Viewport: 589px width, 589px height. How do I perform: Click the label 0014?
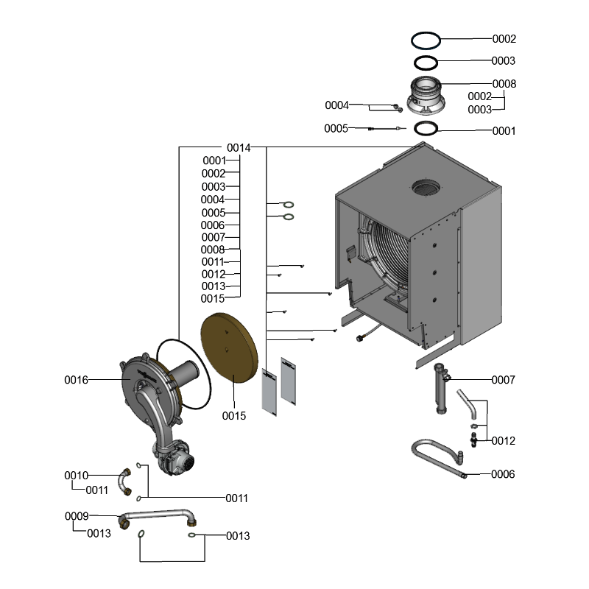coord(239,147)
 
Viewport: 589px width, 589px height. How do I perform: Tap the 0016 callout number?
coord(76,380)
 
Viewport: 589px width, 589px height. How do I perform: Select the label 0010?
coord(76,476)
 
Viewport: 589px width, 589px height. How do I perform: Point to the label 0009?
coord(76,516)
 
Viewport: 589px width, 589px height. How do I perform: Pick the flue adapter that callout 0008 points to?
coord(426,96)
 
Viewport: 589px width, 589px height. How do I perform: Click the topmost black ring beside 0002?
coord(426,38)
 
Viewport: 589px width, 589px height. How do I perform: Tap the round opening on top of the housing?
coord(426,188)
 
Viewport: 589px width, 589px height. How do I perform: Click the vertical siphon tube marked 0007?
coord(442,390)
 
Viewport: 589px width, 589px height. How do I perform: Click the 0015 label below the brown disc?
coord(234,416)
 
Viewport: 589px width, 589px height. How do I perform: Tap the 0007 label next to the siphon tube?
coord(504,380)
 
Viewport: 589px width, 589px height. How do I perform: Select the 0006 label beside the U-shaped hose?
coord(503,474)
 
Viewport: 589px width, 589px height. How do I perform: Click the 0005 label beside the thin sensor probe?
coord(336,129)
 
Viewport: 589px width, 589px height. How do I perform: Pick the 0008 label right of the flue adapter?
coord(504,84)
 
